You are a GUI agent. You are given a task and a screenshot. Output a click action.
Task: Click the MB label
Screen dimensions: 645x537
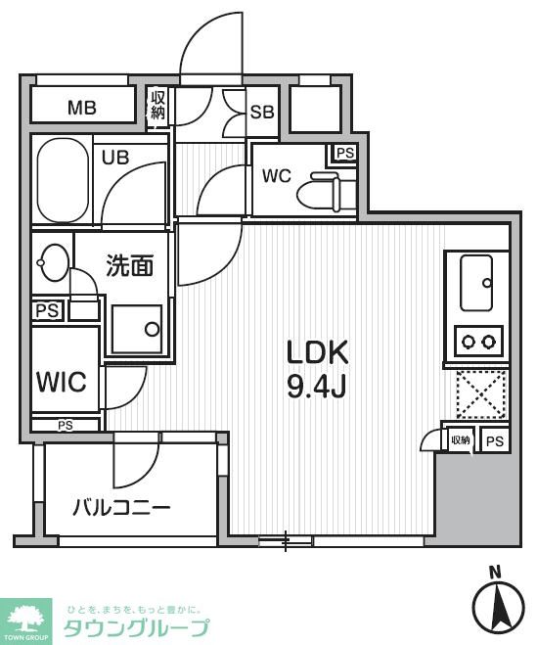[81, 108]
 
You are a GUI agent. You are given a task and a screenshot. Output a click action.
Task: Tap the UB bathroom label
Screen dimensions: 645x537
[116, 157]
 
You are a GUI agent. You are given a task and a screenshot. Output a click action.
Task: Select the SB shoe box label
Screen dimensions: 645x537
[262, 112]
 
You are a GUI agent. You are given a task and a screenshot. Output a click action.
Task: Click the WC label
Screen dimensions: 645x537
[277, 176]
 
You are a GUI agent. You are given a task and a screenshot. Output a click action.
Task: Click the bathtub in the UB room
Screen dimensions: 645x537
[62, 181]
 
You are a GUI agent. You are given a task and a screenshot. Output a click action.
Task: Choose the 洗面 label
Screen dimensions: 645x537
[129, 266]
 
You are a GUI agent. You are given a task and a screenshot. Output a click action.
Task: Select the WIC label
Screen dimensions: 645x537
[62, 381]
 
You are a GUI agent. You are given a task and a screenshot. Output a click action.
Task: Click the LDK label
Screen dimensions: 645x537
[317, 352]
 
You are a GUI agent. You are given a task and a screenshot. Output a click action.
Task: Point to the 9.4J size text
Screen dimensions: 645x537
[317, 387]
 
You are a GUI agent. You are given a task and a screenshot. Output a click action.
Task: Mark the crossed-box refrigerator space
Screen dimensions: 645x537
[480, 393]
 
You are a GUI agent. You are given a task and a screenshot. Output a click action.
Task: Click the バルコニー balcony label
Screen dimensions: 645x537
[122, 508]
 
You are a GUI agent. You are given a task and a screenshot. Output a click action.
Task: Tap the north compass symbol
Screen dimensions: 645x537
[498, 603]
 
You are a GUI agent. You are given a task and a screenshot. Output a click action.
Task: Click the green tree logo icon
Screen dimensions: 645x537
[25, 616]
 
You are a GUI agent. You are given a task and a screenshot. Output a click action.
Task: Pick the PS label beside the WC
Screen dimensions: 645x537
[343, 153]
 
